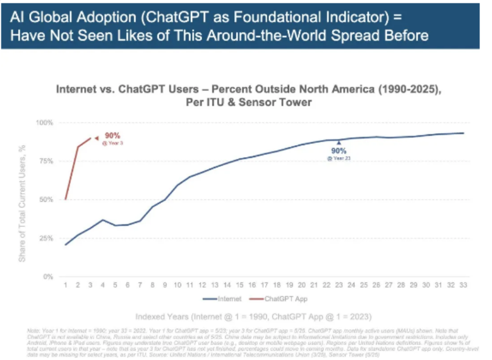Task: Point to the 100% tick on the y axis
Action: click(45, 123)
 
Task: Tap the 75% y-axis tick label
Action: click(46, 161)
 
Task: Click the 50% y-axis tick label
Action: click(46, 199)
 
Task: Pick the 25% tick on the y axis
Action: click(46, 238)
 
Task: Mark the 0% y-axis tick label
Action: click(48, 277)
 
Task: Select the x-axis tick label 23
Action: click(339, 285)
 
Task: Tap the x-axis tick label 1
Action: click(66, 285)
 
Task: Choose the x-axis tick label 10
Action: click(178, 285)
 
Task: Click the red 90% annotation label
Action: click(113, 135)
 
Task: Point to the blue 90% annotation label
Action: click(339, 151)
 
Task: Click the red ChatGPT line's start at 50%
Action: click(66, 199)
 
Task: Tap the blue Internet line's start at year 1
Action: click(66, 245)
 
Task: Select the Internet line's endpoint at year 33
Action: click(463, 133)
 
